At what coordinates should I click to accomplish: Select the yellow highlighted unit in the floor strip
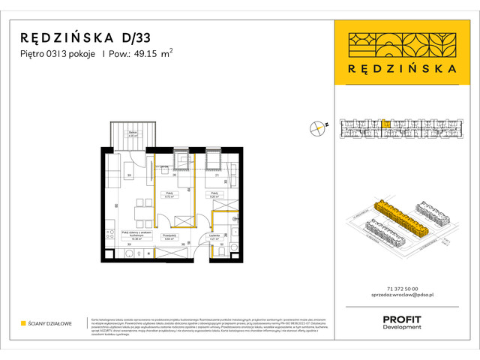(x=385, y=124)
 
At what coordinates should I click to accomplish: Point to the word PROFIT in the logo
(x=402, y=319)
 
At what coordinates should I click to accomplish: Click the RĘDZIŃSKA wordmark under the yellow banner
(x=403, y=68)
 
